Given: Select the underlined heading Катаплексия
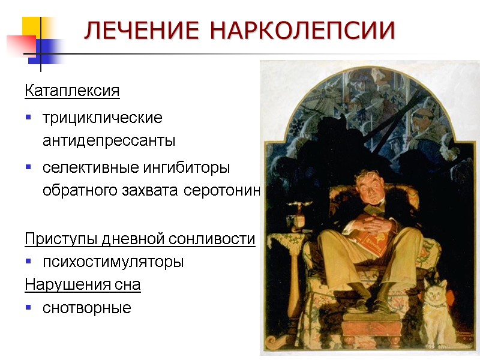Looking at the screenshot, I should pyautogui.click(x=72, y=91).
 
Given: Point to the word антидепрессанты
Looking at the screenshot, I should pyautogui.click(x=109, y=141).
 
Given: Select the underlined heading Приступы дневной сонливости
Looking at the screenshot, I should pyautogui.click(x=140, y=239).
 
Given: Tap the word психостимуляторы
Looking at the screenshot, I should pyautogui.click(x=113, y=262).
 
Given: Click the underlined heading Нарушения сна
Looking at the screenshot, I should pyautogui.click(x=83, y=284).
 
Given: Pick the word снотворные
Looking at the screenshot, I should pyautogui.click(x=86, y=308).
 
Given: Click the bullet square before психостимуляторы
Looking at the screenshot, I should pyautogui.click(x=28, y=262).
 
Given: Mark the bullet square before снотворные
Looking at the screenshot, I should pyautogui.click(x=28, y=308).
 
